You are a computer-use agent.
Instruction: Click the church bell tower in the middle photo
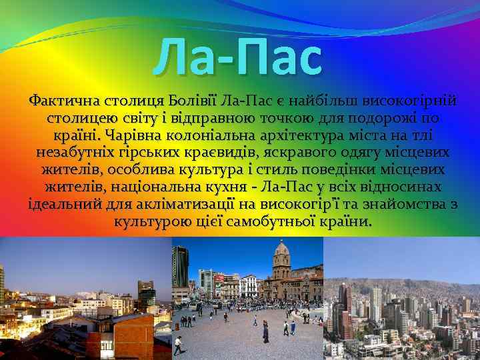click(281, 256)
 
